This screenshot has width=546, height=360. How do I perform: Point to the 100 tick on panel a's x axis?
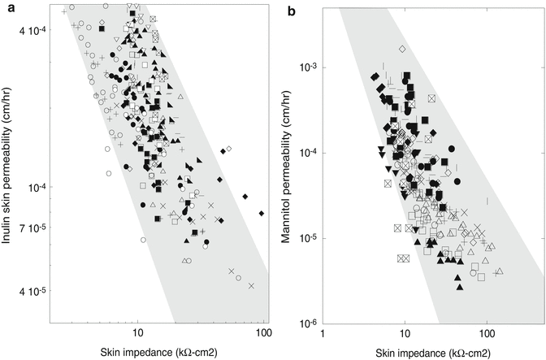click(x=262, y=332)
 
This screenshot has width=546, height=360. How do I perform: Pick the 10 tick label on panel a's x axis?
click(x=137, y=332)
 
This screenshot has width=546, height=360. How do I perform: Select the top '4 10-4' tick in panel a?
click(x=34, y=31)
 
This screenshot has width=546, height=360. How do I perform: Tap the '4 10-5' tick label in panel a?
click(x=34, y=290)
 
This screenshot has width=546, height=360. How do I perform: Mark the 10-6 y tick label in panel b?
click(x=309, y=323)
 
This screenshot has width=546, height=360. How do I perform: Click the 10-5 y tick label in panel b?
click(x=309, y=238)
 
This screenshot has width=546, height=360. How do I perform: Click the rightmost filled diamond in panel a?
click(x=262, y=213)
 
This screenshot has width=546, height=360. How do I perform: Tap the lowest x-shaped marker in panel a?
click(x=252, y=286)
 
